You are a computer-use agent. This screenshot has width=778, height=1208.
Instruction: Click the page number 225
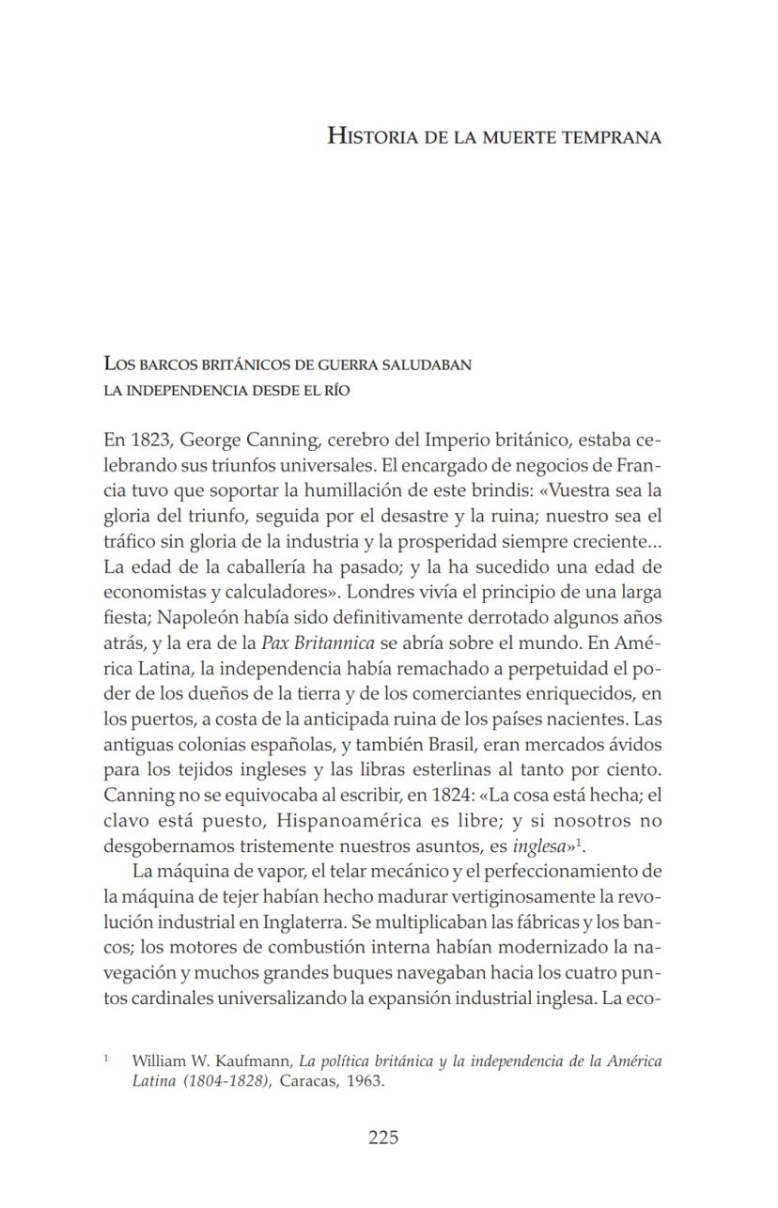click(382, 1138)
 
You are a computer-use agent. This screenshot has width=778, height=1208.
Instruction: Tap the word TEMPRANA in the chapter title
click(614, 137)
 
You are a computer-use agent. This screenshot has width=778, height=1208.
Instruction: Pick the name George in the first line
click(210, 440)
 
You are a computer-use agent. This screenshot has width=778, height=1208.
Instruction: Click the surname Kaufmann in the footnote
click(254, 1061)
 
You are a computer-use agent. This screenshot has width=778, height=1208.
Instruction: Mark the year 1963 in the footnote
click(366, 1081)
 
